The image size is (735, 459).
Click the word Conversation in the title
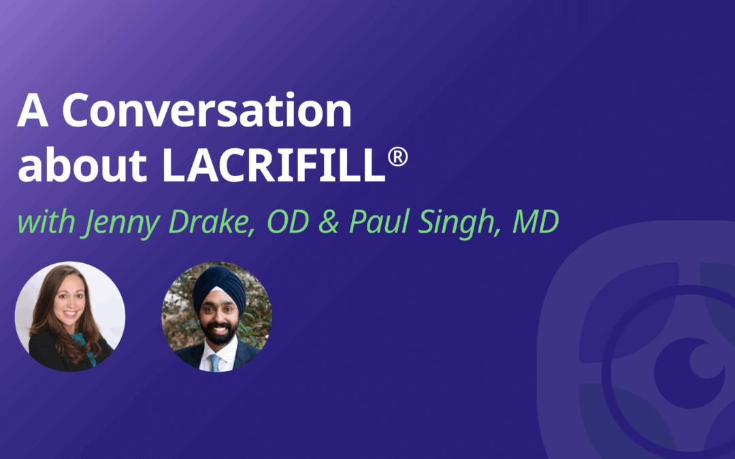[x=207, y=110]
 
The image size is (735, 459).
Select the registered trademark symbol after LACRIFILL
[x=397, y=157]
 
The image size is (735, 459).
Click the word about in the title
[x=82, y=164]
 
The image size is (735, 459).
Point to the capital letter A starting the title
[x=33, y=110]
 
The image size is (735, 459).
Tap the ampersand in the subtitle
[x=329, y=222]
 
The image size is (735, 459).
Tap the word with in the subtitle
[x=46, y=222]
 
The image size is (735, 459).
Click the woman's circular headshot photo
[x=70, y=317]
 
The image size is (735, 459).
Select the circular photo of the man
[x=217, y=317]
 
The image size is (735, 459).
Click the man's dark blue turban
[x=219, y=288]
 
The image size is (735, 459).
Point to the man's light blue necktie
[x=214, y=362]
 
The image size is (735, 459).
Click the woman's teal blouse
[x=85, y=347]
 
